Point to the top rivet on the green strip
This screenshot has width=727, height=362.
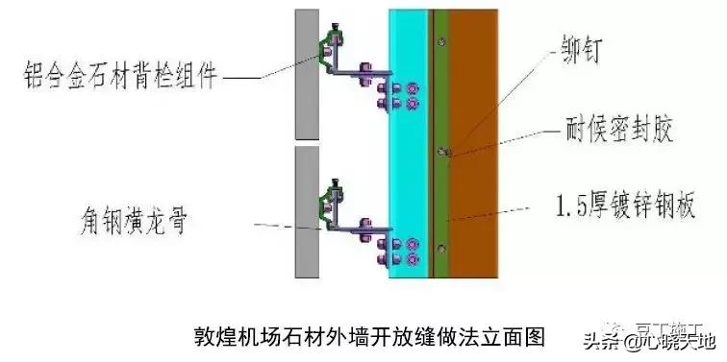(x=440, y=41)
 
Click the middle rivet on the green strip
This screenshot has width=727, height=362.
(x=440, y=151)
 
